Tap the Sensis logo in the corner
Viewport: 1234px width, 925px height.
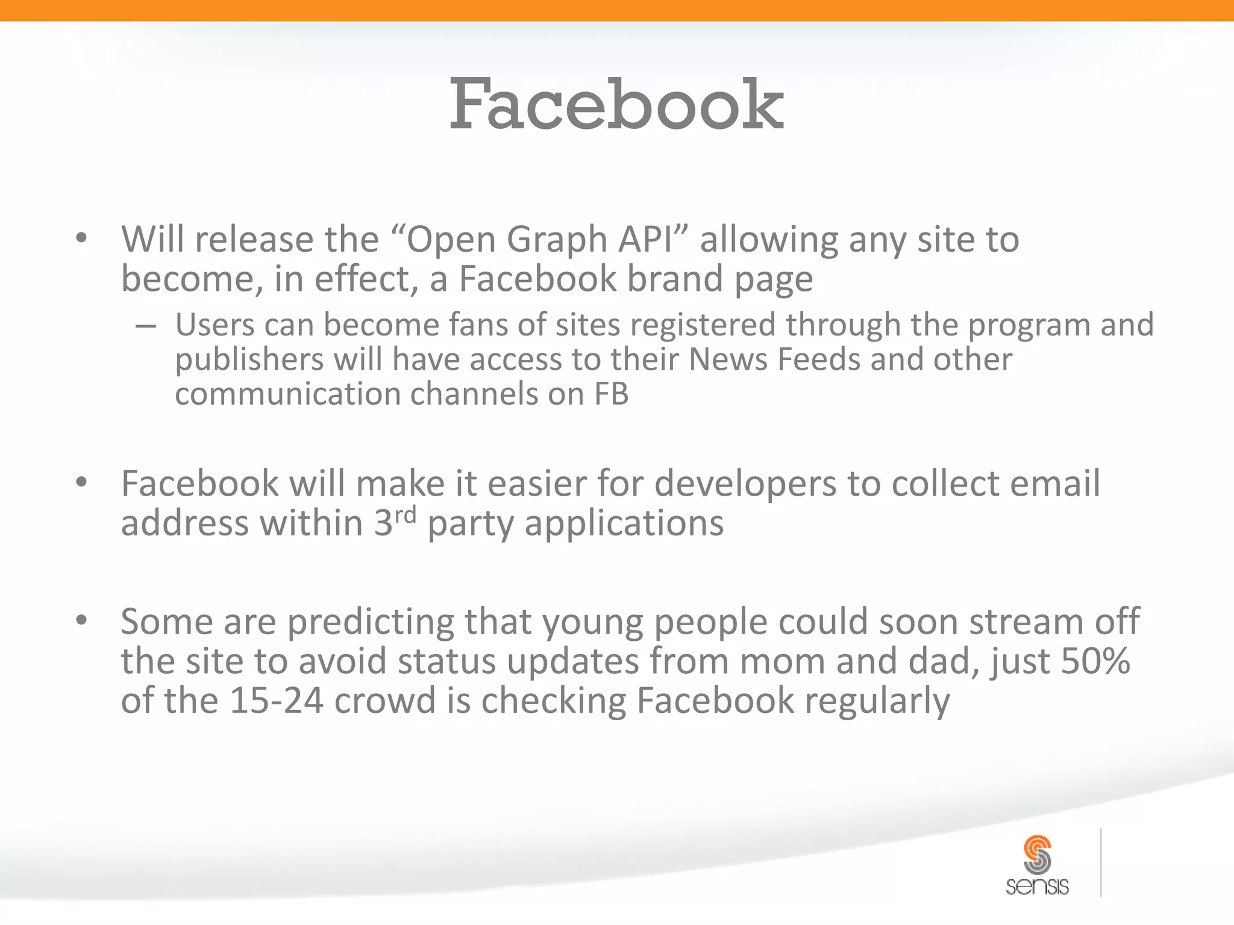(1037, 864)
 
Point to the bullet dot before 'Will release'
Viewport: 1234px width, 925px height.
(82, 238)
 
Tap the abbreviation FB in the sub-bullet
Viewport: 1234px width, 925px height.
(611, 394)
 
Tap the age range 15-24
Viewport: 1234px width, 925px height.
(276, 700)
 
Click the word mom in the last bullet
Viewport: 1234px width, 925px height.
(781, 661)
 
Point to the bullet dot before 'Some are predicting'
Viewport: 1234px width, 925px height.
(82, 620)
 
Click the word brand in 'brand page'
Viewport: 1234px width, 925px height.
(674, 279)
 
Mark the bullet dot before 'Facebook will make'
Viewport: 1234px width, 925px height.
(82, 482)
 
